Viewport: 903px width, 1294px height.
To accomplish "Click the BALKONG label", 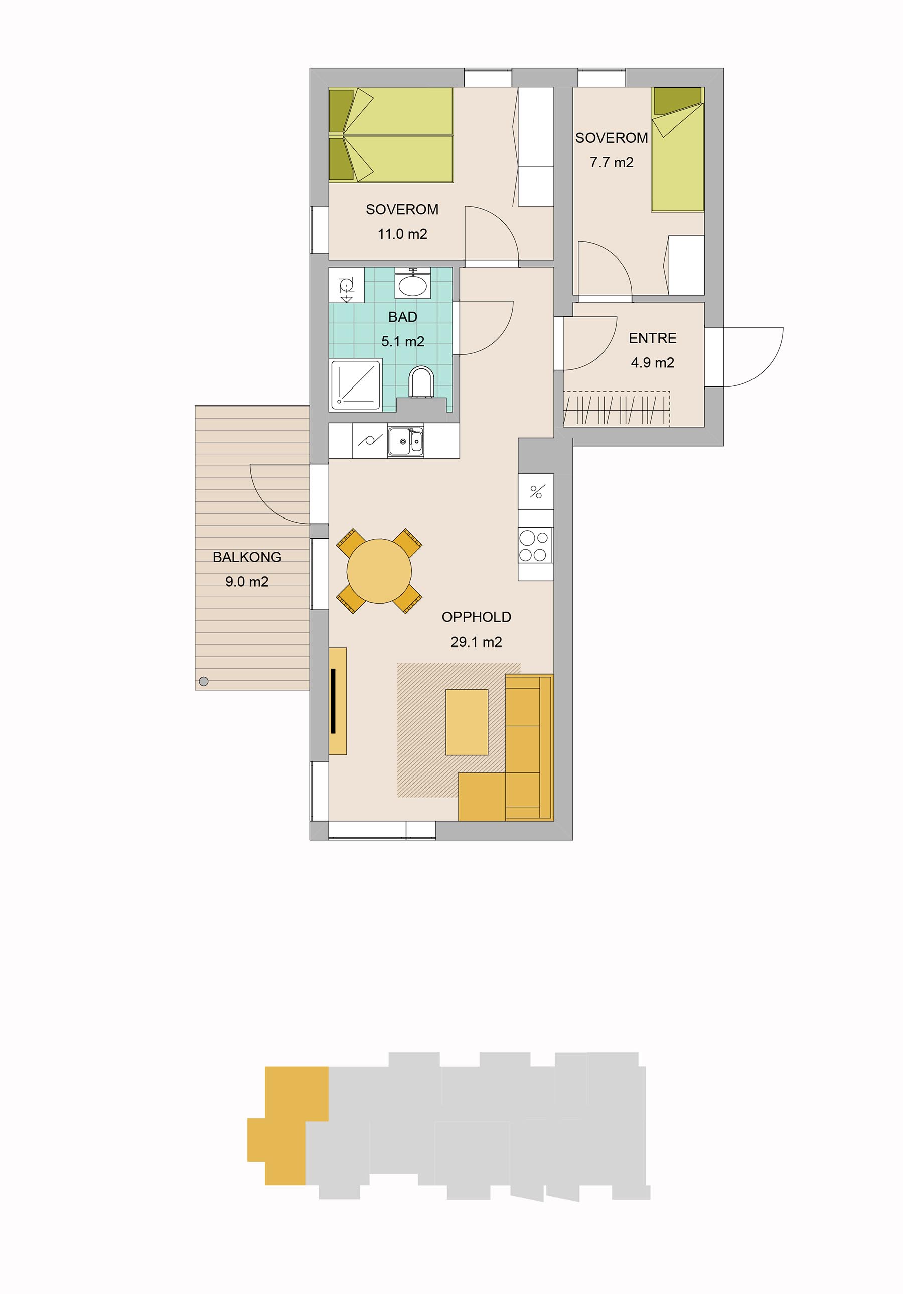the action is pos(247,557).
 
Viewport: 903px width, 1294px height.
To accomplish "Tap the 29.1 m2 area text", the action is pos(476,642).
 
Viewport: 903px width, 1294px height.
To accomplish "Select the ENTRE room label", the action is pos(652,338).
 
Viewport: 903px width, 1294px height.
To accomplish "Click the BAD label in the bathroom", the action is pos(403,317).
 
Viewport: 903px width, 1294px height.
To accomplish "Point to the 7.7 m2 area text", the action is pos(611,162).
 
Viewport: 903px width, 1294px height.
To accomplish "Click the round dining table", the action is pos(380,571).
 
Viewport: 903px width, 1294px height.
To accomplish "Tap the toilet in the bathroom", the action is pos(422,381).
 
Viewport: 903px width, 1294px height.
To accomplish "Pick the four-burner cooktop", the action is pos(535,545).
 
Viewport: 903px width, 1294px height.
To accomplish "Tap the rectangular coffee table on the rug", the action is pos(467,722).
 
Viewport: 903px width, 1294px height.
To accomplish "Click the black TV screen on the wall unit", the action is pos(334,701).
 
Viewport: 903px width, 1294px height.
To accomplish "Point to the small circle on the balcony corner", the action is pos(204,681).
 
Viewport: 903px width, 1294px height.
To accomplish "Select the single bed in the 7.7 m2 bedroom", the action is pos(678,150).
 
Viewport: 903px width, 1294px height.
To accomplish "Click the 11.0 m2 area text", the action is pos(402,234).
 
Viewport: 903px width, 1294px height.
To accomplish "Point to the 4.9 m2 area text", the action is pos(652,363).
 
